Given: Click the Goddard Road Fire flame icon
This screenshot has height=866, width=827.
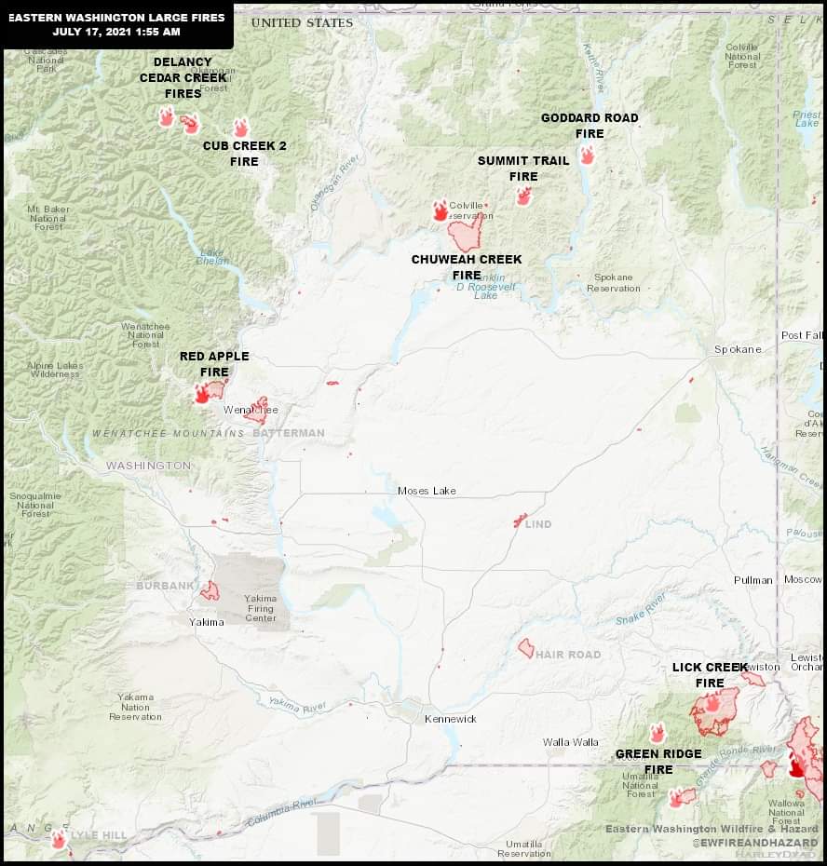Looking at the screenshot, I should point(587,156).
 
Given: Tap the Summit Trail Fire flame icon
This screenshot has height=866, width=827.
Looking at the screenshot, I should point(523,196).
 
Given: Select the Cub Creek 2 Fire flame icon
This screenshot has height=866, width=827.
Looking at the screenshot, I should point(240,128).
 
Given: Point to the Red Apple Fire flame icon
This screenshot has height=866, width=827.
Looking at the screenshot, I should point(202,394).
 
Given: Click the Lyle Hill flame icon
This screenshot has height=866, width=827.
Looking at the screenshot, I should point(58,840).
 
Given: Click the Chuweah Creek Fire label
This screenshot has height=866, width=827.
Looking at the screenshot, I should point(467,267).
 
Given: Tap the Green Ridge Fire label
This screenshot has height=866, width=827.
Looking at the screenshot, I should point(658,762).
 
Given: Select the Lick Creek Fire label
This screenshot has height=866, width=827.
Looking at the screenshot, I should point(710,675).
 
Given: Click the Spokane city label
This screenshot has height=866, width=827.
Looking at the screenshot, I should point(738,349).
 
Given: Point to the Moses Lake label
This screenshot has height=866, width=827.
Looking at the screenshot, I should point(427,491).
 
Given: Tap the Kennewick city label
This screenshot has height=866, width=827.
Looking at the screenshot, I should point(451,719).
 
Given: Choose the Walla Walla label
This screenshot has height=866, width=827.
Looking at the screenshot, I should point(571,742).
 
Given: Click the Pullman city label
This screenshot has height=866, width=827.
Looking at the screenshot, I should point(752,580).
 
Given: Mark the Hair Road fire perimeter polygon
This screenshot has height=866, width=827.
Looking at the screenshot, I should point(526,648).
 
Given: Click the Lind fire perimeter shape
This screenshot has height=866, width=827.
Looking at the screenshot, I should point(520,521).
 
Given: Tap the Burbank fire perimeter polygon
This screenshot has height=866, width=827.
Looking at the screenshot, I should point(210,590).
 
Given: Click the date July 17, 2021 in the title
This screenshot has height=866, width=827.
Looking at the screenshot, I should point(92,32).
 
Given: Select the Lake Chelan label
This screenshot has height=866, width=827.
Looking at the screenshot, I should point(212,256).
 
